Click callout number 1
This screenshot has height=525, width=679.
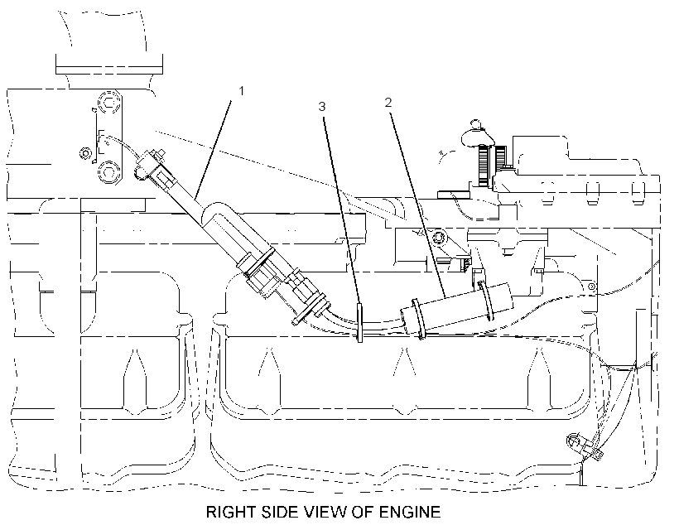click(x=242, y=91)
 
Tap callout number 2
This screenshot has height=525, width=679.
click(x=388, y=102)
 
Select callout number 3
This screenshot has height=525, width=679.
click(x=322, y=107)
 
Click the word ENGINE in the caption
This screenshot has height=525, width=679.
click(x=410, y=512)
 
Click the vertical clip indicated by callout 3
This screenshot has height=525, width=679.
click(x=359, y=323)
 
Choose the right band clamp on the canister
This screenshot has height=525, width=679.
click(x=485, y=301)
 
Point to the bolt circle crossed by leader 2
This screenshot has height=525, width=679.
click(x=439, y=238)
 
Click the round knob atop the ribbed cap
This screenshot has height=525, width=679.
click(x=475, y=125)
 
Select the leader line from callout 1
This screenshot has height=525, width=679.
click(x=213, y=148)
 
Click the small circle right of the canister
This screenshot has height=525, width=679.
click(x=590, y=286)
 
